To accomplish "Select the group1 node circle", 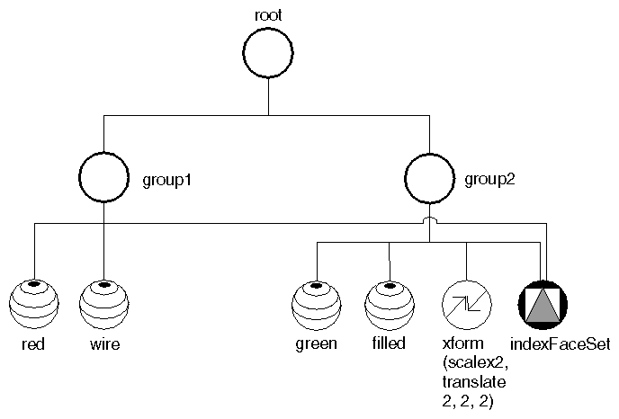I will click(105, 178).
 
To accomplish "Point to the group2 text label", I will click(490, 179).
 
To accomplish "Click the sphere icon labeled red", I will click(33, 306).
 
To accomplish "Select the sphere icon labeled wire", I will click(104, 306).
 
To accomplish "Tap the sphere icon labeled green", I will click(317, 306).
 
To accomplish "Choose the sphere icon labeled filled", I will click(390, 306).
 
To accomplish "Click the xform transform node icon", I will click(467, 306).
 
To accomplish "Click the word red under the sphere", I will click(33, 343).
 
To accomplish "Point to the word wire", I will click(104, 343).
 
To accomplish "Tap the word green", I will click(317, 343).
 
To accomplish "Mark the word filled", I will click(389, 343).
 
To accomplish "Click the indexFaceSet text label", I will click(560, 343).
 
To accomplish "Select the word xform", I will click(463, 343).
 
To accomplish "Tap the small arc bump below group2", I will click(431, 220).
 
